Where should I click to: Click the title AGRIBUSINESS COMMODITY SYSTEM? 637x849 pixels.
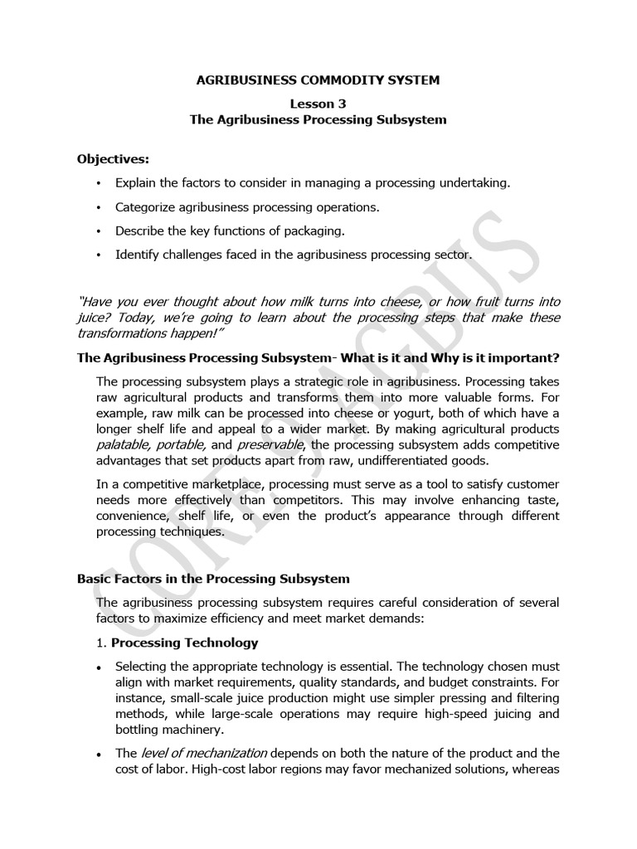[318, 80]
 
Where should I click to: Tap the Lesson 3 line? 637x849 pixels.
[318, 104]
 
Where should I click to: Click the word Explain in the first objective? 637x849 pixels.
[134, 182]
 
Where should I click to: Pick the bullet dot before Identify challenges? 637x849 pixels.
[99, 255]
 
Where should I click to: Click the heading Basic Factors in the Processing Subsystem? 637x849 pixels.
[213, 578]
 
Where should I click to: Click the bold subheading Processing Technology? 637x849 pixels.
[185, 643]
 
